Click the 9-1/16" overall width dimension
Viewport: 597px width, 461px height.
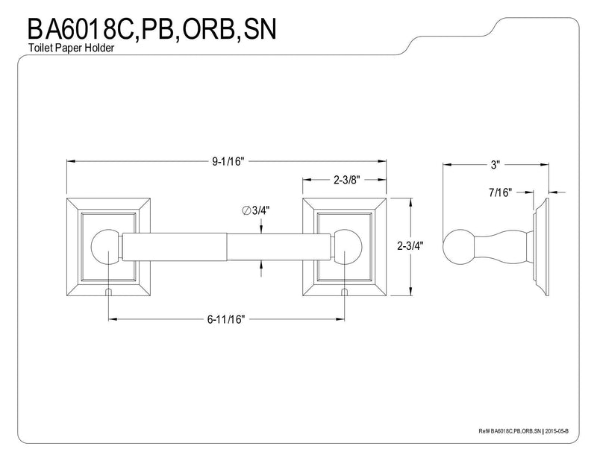228,161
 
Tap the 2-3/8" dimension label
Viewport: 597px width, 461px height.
347,180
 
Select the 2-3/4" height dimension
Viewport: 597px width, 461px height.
410,246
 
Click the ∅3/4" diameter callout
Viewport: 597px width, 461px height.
256,210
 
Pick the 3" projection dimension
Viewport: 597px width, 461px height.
495,165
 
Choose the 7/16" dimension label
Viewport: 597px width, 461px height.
500,192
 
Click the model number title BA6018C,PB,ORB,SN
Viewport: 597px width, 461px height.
151,29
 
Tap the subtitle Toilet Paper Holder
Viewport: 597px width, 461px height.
71,48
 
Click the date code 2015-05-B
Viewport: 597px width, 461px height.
557,431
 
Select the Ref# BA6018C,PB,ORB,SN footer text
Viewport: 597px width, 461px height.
510,431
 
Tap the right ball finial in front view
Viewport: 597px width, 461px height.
346,247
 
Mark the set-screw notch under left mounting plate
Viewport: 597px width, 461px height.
108,292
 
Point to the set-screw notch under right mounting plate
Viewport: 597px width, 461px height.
345,292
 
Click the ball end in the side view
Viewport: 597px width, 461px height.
459,247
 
